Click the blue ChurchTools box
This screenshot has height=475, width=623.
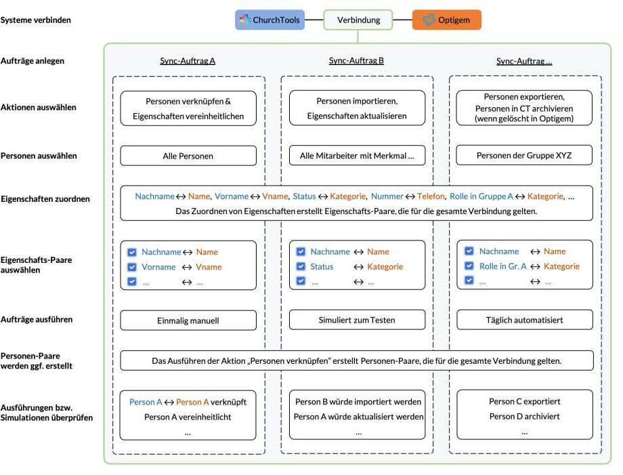(270, 20)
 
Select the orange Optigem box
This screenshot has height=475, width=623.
(446, 20)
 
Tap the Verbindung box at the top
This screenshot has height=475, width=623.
(358, 20)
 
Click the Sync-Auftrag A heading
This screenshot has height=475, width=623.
(188, 61)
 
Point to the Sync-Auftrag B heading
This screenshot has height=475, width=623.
(356, 60)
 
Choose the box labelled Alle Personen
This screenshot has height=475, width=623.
(188, 156)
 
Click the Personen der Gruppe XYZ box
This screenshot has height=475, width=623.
(524, 155)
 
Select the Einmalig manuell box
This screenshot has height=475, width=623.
(188, 321)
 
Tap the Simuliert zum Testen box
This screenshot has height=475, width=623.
(357, 320)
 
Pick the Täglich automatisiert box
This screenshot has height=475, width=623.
(524, 320)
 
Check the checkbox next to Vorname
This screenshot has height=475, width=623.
(132, 267)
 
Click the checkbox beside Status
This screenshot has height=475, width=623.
(301, 266)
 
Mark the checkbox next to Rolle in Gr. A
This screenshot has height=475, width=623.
(469, 266)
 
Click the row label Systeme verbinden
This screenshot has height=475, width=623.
(36, 20)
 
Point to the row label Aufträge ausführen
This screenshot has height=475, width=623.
(37, 320)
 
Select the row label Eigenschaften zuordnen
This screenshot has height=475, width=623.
(45, 199)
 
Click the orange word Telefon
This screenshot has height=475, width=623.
(431, 197)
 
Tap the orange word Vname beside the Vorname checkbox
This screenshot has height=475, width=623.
(209, 267)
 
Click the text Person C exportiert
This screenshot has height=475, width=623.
(524, 401)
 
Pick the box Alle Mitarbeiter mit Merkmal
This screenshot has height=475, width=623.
(357, 155)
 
